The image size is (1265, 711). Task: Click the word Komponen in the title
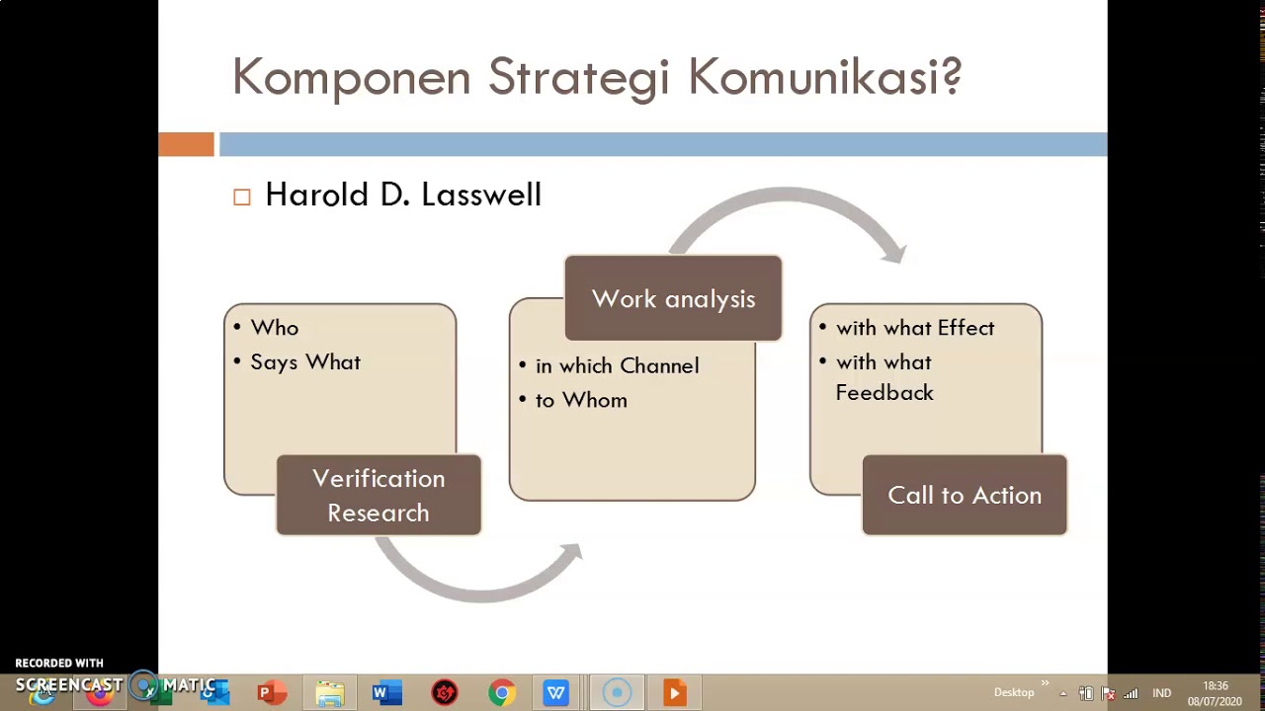tap(351, 78)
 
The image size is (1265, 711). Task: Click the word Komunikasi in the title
tap(824, 77)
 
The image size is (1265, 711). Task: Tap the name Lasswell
tap(480, 195)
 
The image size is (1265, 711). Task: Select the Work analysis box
tap(673, 299)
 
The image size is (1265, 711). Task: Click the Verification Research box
tap(379, 496)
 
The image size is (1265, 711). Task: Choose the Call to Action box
tap(964, 496)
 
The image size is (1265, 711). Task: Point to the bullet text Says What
tap(305, 362)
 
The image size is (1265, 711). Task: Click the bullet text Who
tap(274, 328)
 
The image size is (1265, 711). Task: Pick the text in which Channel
tap(617, 366)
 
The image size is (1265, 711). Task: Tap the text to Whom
tap(581, 400)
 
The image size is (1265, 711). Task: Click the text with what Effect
tap(915, 328)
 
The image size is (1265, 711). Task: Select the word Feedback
tap(885, 393)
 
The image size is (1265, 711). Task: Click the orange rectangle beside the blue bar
tap(186, 145)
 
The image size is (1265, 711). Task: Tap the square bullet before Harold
tap(242, 197)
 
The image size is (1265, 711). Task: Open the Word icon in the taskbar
tap(386, 692)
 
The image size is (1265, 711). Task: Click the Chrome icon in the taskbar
tap(502, 692)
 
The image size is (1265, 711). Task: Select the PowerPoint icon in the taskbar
tap(270, 692)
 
